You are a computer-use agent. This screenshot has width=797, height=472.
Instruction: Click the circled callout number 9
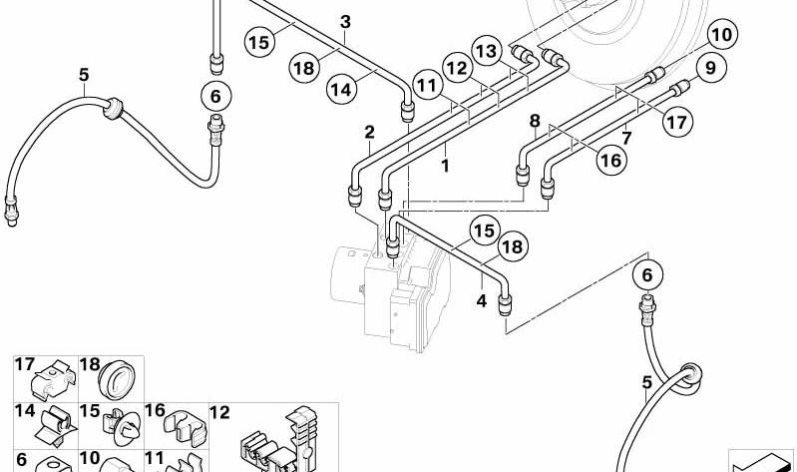[x=710, y=68]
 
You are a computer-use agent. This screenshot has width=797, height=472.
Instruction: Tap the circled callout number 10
[x=722, y=35]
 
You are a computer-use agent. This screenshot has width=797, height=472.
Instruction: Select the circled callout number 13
[x=487, y=51]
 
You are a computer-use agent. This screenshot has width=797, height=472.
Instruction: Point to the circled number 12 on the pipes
[x=458, y=68]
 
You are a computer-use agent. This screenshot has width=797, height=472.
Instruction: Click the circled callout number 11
[x=428, y=85]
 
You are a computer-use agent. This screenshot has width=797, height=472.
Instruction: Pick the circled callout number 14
[x=341, y=90]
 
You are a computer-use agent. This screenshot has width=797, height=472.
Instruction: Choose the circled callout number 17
[x=677, y=122]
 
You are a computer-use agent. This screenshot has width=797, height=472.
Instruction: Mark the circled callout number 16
[x=610, y=161]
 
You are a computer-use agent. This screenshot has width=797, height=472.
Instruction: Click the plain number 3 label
[x=346, y=22]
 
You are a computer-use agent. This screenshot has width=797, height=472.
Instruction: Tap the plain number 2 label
[x=369, y=133]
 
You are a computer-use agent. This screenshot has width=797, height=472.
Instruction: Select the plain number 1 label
[x=445, y=166]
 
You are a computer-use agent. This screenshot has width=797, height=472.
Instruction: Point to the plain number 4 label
[x=482, y=301]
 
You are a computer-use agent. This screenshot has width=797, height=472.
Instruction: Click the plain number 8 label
[x=535, y=121]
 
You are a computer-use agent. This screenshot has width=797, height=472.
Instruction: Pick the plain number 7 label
[x=627, y=138]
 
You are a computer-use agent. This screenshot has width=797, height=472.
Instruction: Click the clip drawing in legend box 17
[x=53, y=381]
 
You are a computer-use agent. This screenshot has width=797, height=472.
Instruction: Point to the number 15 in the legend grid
[x=90, y=411]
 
